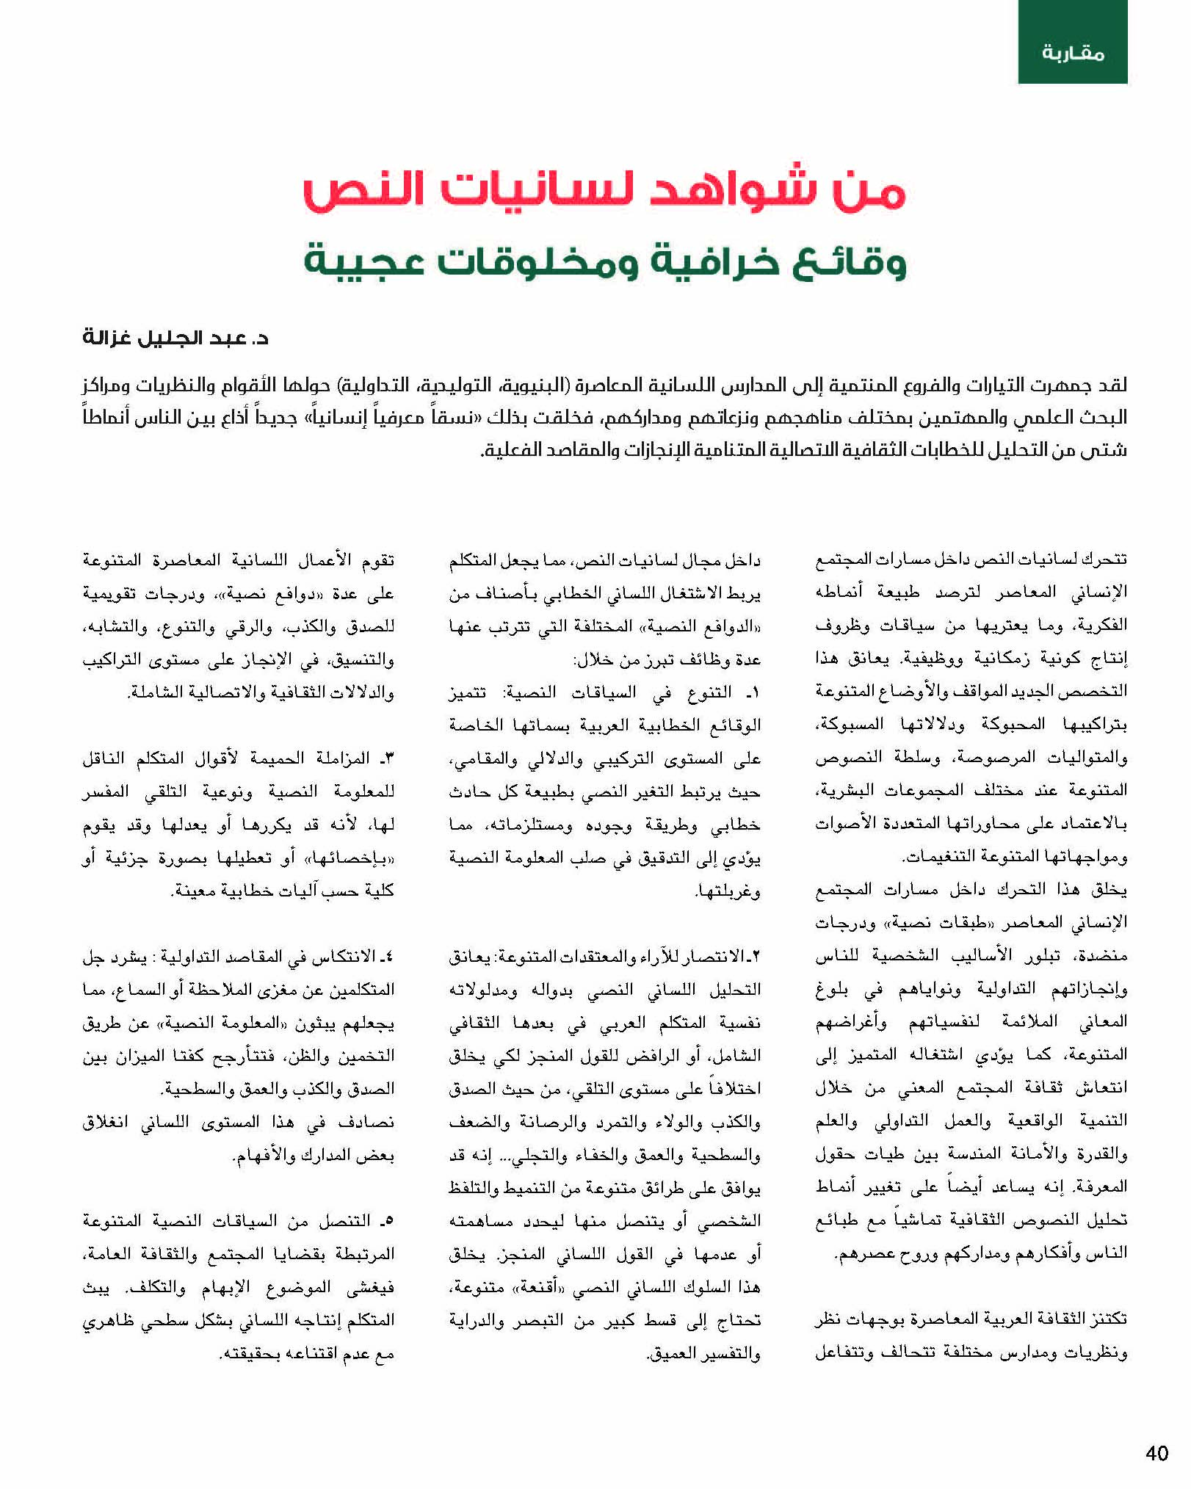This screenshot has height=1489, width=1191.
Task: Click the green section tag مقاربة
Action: click(1073, 53)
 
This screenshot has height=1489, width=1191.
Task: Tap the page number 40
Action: click(1156, 1453)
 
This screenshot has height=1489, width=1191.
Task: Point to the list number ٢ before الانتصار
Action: click(756, 957)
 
